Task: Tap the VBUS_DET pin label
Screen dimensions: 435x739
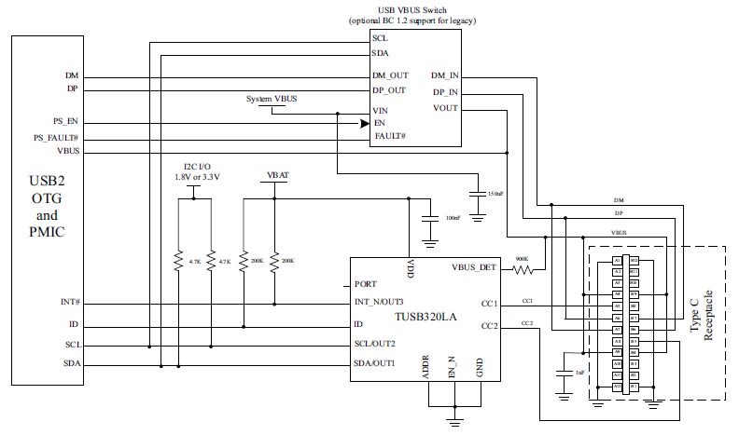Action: click(x=474, y=268)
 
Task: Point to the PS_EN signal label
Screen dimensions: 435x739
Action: click(x=67, y=121)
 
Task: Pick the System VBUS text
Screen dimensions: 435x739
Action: click(x=272, y=99)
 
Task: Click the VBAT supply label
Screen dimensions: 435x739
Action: click(x=276, y=174)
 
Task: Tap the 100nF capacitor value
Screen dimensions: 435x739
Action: click(x=453, y=217)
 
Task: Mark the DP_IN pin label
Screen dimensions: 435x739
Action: click(x=444, y=92)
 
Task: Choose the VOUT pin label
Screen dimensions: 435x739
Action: click(x=446, y=109)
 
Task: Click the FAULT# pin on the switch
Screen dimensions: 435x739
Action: click(x=389, y=136)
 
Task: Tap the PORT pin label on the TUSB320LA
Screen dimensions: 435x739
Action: click(x=366, y=285)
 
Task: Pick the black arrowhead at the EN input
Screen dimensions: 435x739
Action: click(x=364, y=122)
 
